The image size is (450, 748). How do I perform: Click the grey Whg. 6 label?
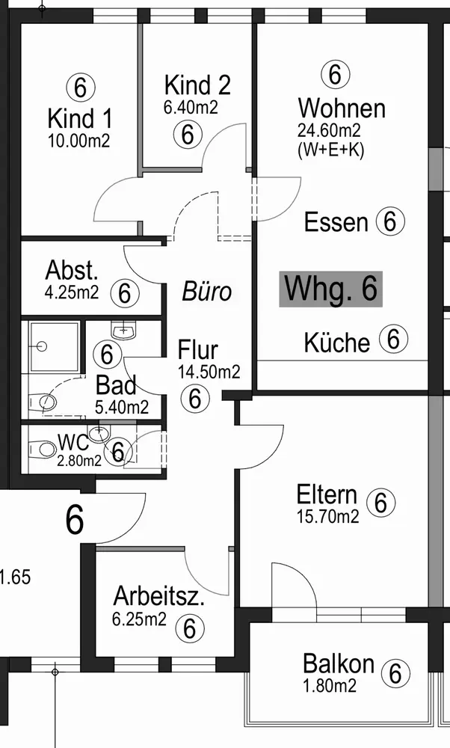click(x=330, y=289)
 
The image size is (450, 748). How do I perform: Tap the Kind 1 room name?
click(x=79, y=118)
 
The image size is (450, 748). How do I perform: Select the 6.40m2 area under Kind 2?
click(x=191, y=107)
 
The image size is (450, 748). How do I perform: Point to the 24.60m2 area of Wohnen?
click(x=329, y=129)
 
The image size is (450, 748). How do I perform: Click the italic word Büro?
click(x=207, y=291)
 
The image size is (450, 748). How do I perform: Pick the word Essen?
click(x=336, y=222)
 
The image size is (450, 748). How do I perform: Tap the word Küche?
click(x=337, y=342)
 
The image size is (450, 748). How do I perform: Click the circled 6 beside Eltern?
click(x=380, y=503)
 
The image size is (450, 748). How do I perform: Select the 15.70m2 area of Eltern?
click(x=328, y=517)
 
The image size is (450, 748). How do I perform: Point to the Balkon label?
click(x=339, y=663)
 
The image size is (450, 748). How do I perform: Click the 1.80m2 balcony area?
click(x=330, y=685)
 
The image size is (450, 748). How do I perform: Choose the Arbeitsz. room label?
click(x=159, y=596)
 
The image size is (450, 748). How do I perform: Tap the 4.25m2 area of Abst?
click(x=72, y=292)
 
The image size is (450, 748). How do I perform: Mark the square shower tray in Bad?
click(x=53, y=347)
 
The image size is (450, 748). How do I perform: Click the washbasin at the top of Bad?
click(x=124, y=330)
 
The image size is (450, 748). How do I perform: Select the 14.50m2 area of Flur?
click(x=209, y=372)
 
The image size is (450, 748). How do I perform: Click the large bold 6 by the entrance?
click(x=74, y=520)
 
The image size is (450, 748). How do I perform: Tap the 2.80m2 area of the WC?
click(x=79, y=461)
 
